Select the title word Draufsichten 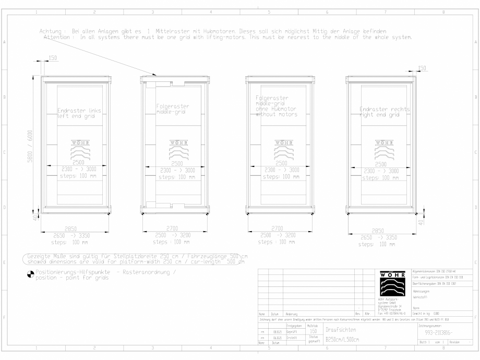coord(341,330)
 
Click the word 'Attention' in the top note coord(58,38)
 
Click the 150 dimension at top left coord(53,58)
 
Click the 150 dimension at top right coord(422,68)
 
